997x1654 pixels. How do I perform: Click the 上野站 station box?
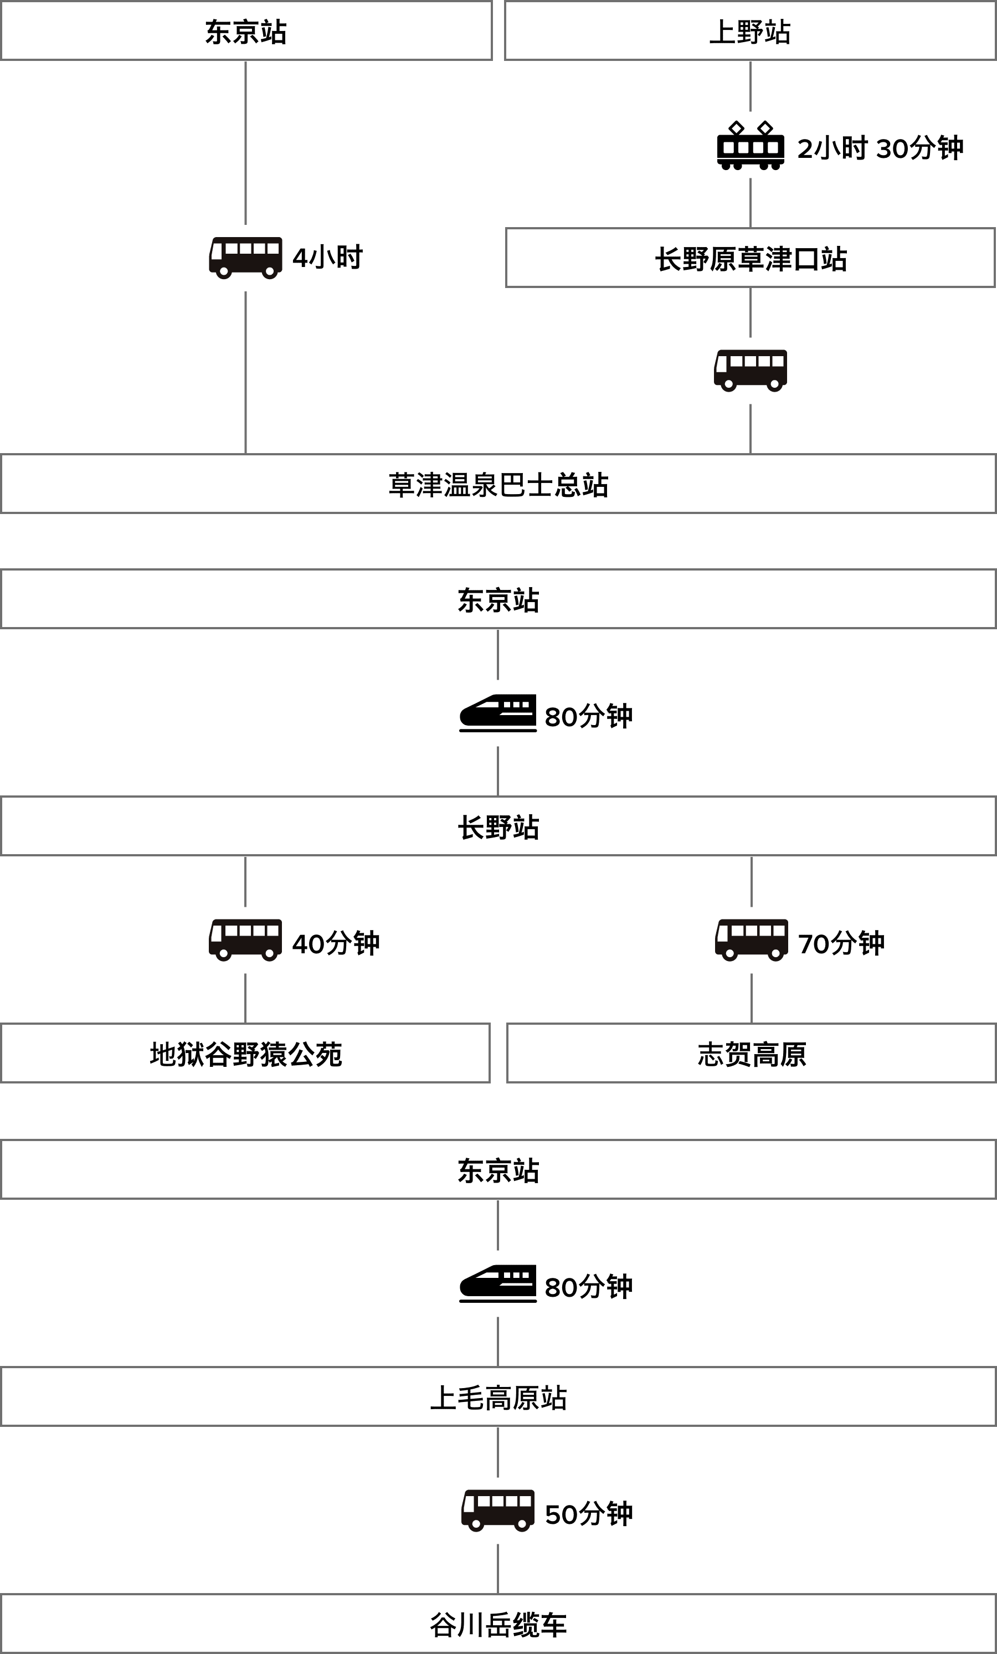tap(750, 31)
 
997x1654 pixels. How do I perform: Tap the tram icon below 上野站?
tap(750, 145)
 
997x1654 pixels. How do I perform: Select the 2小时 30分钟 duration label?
tap(880, 148)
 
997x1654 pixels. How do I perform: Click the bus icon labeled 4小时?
tap(245, 258)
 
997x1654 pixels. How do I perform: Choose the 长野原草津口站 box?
tap(750, 259)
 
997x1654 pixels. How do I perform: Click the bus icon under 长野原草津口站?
tap(750, 371)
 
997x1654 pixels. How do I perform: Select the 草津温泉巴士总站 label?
tap(498, 484)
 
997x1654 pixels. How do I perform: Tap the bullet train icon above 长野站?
tap(497, 713)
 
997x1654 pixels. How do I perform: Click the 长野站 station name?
tap(498, 826)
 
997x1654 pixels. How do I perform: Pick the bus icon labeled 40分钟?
tap(245, 940)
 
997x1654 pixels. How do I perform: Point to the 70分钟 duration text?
tap(841, 942)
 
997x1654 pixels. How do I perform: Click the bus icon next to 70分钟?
tap(751, 940)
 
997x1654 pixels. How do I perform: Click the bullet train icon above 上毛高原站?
tap(497, 1283)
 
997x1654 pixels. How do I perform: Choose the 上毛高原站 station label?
tap(498, 1398)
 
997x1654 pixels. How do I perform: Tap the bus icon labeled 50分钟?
tap(497, 1511)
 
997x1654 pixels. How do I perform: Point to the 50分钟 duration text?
tap(589, 1514)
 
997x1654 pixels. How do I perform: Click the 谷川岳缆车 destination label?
tap(498, 1625)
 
